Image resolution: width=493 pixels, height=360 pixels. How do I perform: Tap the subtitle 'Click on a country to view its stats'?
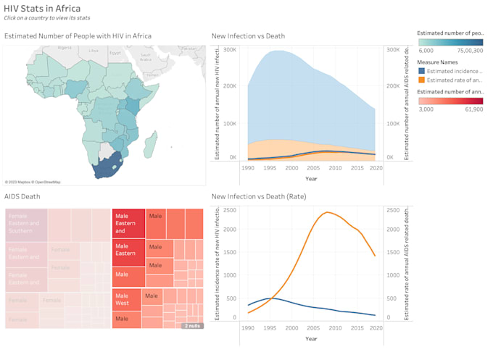tap(46, 17)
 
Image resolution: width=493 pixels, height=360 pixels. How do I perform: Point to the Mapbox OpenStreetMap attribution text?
tap(33, 182)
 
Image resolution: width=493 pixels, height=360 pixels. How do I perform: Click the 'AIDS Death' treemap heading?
tap(22, 196)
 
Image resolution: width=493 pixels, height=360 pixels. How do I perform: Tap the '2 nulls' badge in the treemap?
tap(192, 326)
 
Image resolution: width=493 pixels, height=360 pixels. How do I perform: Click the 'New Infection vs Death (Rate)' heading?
tap(258, 196)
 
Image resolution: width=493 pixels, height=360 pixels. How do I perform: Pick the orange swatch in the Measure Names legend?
tap(422, 80)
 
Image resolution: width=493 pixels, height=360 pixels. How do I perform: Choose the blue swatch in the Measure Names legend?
tap(422, 71)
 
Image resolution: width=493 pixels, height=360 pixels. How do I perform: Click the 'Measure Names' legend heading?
tap(439, 62)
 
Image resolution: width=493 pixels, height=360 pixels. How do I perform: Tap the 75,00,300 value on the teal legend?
tap(470, 51)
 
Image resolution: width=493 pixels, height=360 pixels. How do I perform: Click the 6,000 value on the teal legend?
tap(426, 51)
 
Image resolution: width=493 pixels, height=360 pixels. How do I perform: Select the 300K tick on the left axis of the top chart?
tap(230, 49)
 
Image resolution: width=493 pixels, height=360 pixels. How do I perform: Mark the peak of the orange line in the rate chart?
tap(328, 212)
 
